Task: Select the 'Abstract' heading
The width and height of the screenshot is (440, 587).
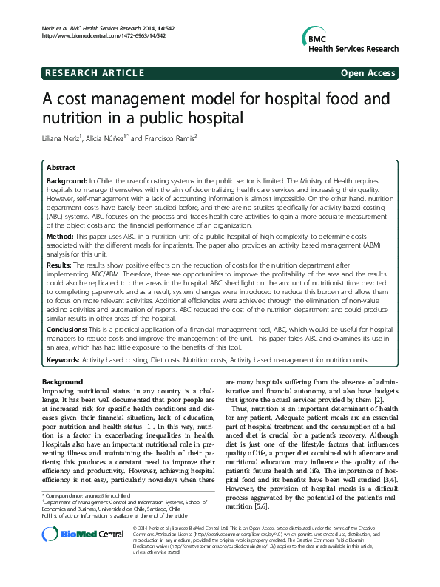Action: point(61,168)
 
